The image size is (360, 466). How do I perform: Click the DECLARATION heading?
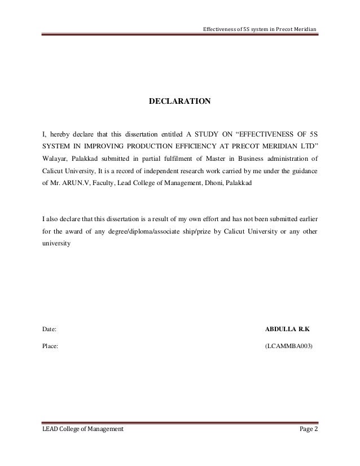(179, 102)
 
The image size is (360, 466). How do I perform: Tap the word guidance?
(303, 170)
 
